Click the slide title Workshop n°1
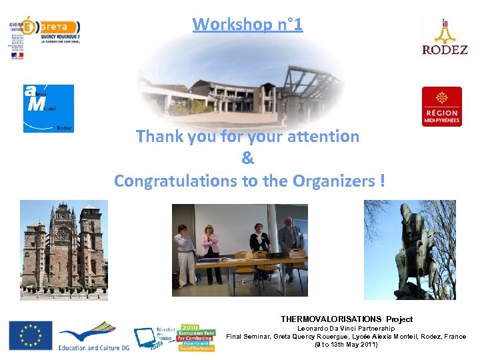[247, 25]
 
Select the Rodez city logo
[445, 37]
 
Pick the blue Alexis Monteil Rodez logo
[48, 108]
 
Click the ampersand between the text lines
[247, 159]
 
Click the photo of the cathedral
[63, 249]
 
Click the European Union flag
[30, 335]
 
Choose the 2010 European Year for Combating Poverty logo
[195, 338]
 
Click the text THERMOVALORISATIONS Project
[346, 319]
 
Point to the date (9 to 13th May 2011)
[346, 345]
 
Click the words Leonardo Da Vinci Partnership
[346, 328]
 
